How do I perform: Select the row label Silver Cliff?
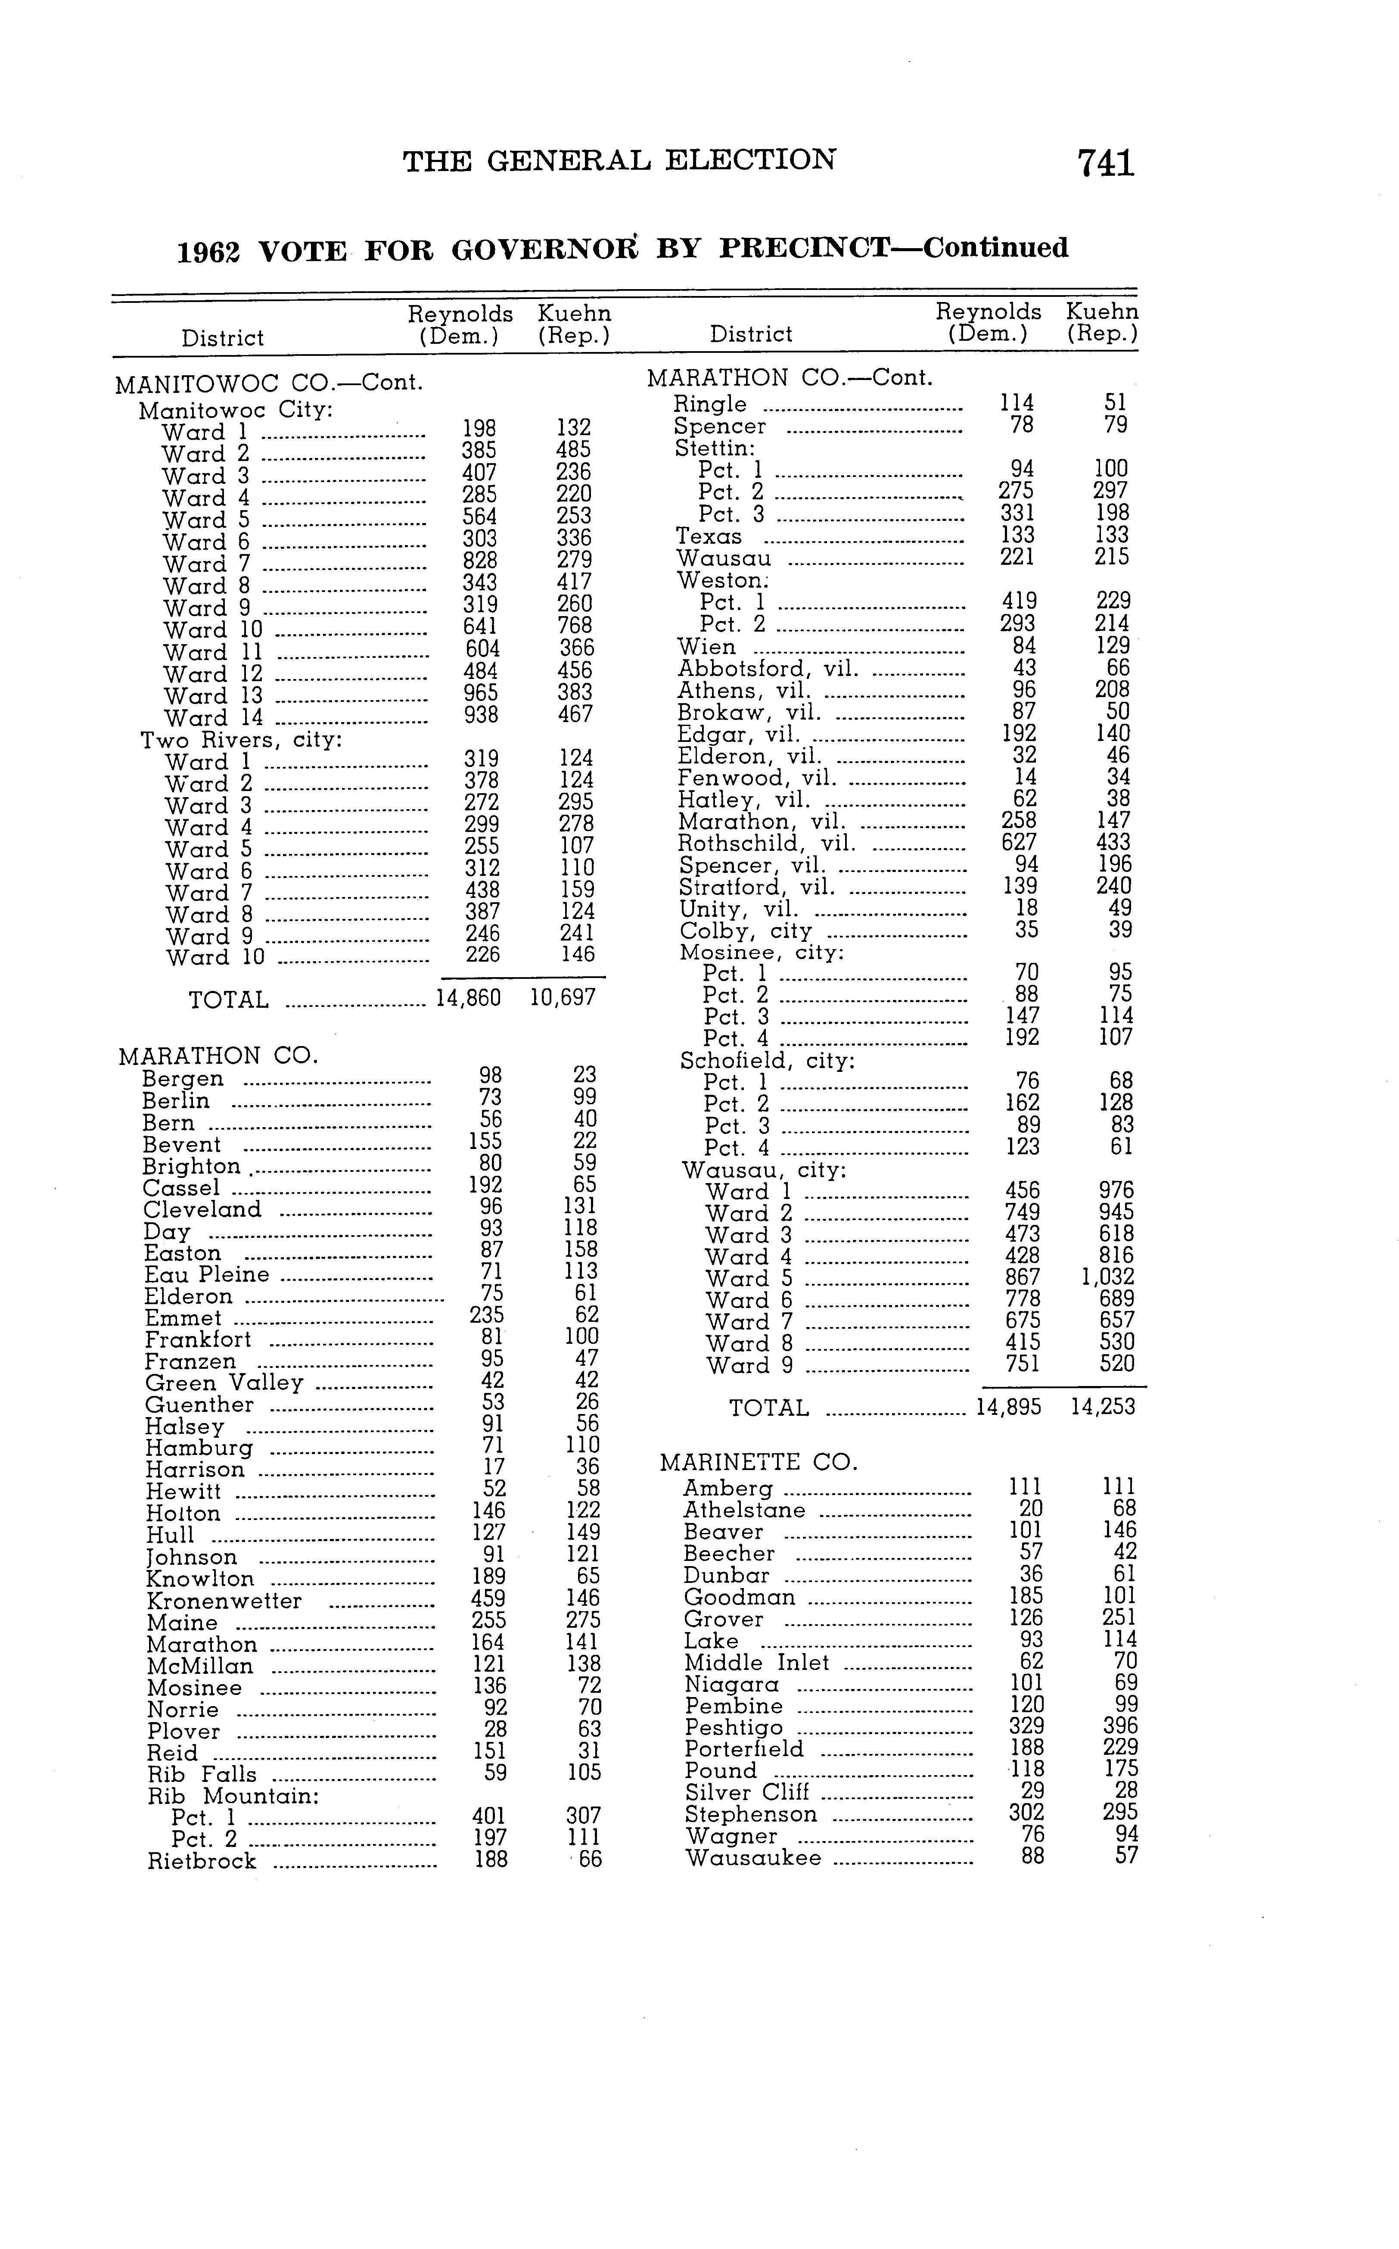tap(747, 1793)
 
